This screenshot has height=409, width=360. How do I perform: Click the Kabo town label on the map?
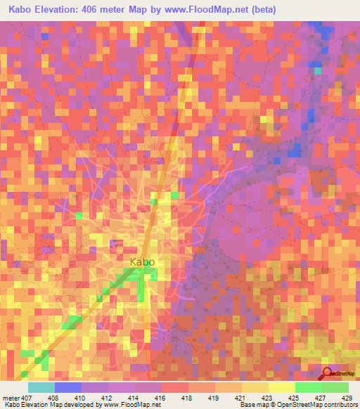click(x=142, y=262)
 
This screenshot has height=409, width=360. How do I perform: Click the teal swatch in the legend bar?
click(x=41, y=387)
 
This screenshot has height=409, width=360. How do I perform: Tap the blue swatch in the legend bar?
click(x=68, y=387)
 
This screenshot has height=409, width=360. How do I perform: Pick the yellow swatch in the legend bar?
click(x=282, y=387)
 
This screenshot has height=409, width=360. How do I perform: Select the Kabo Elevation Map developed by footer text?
click(x=56, y=405)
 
